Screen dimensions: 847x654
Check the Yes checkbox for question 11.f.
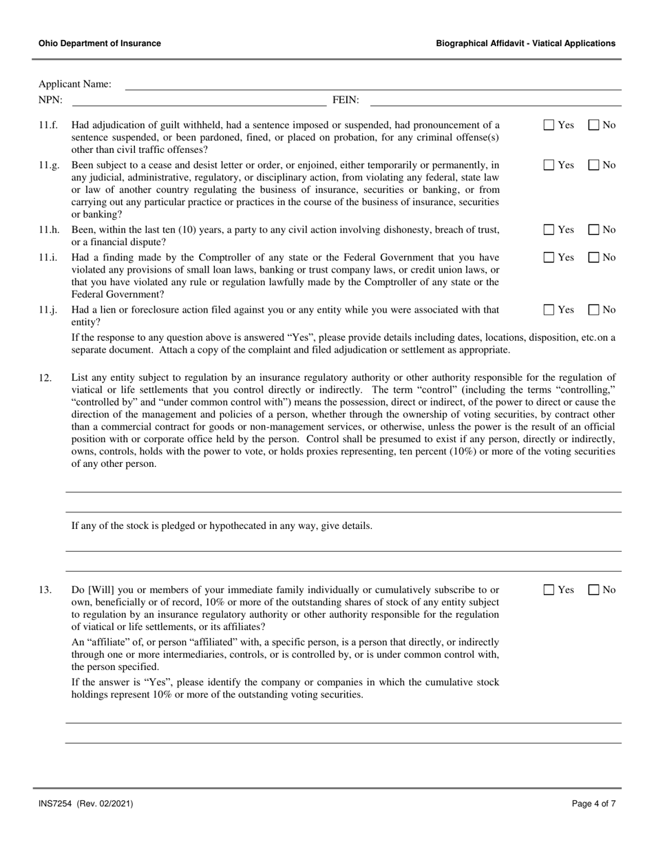(549, 125)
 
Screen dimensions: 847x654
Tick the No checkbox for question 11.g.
(593, 165)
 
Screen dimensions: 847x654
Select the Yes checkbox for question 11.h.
(549, 229)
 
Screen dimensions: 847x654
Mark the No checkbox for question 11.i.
(593, 258)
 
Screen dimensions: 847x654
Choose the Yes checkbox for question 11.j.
(549, 310)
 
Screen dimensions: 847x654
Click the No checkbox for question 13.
(593, 589)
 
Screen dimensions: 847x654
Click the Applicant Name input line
(372, 85)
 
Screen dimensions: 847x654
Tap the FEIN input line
(496, 101)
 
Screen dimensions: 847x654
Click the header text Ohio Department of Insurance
(100, 43)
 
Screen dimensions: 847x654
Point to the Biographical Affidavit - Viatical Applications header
(525, 43)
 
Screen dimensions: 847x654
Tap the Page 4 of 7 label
(593, 804)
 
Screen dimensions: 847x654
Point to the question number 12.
(45, 377)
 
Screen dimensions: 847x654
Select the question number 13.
(45, 590)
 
